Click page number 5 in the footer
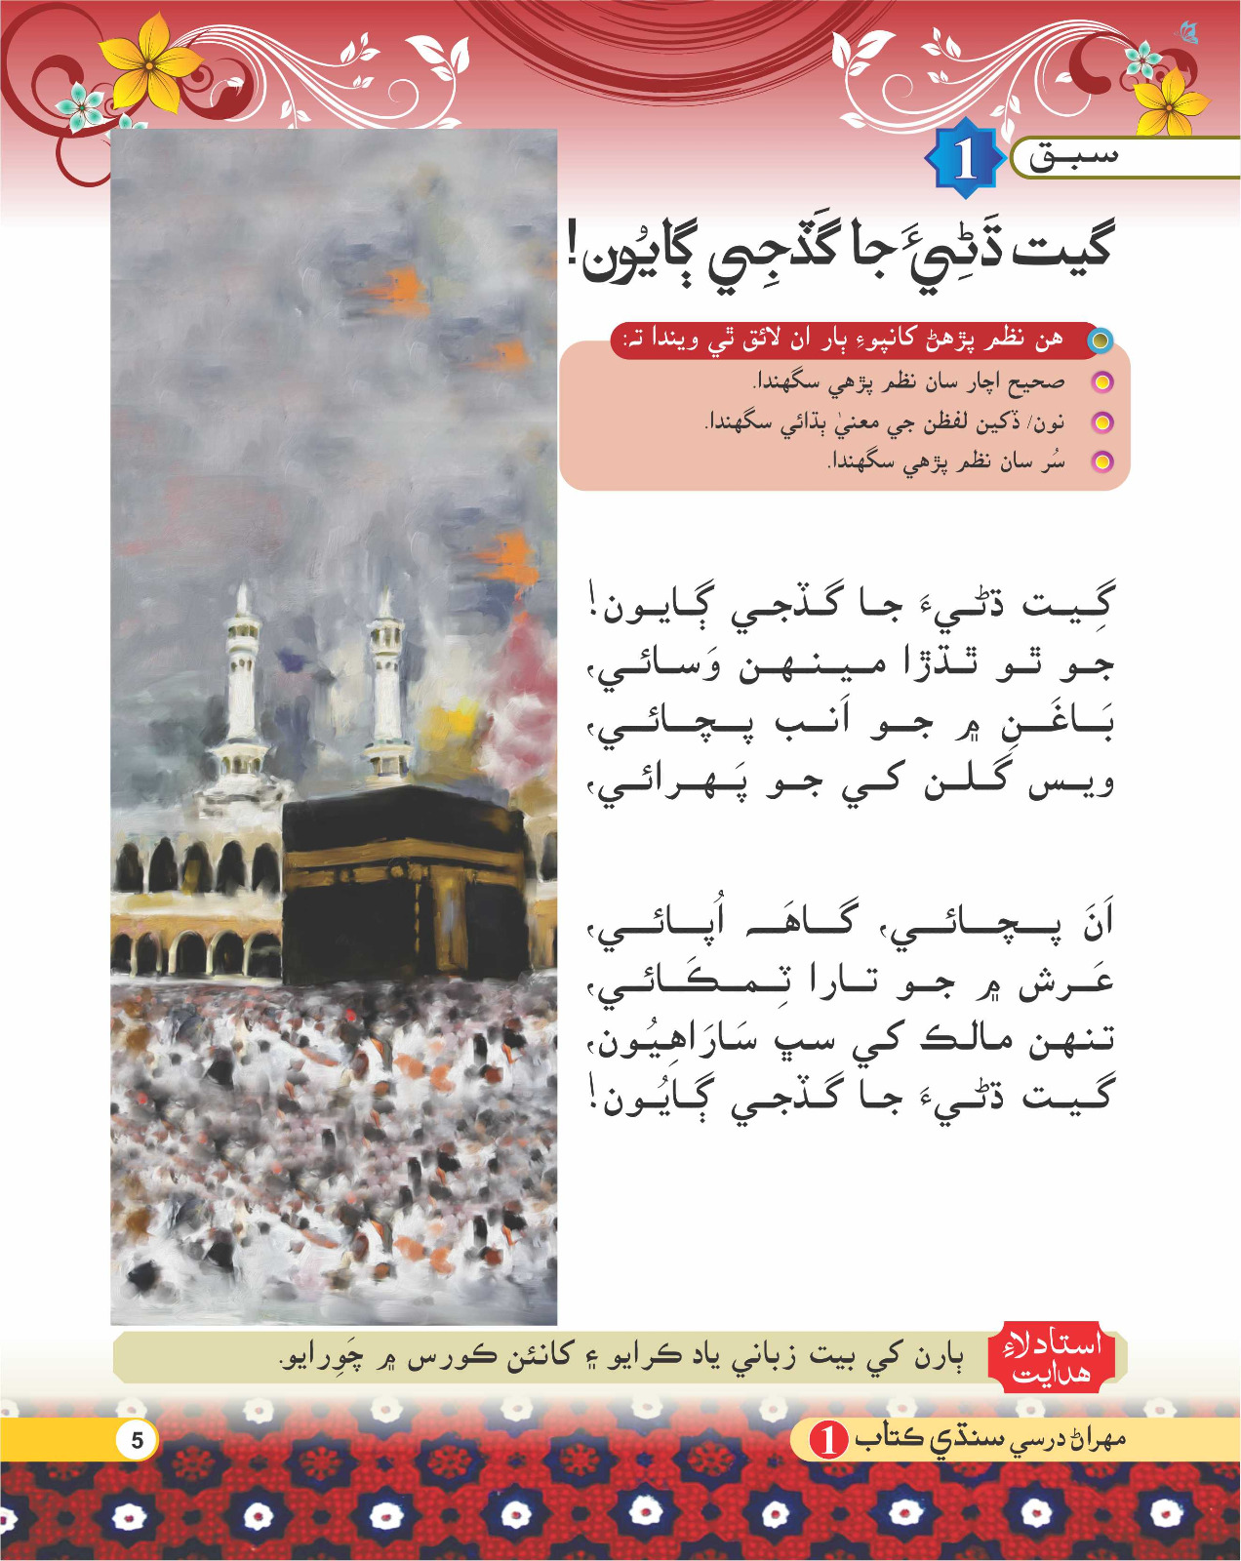pyautogui.click(x=137, y=1440)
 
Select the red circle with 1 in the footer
pyautogui.click(x=829, y=1439)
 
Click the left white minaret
pyautogui.click(x=241, y=683)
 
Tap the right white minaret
pyautogui.click(x=386, y=683)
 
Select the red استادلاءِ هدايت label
pyautogui.click(x=1052, y=1357)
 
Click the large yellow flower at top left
pyautogui.click(x=151, y=63)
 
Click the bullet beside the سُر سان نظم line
pyautogui.click(x=1101, y=461)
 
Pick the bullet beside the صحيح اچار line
pyautogui.click(x=1101, y=381)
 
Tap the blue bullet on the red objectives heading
pyautogui.click(x=1100, y=340)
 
